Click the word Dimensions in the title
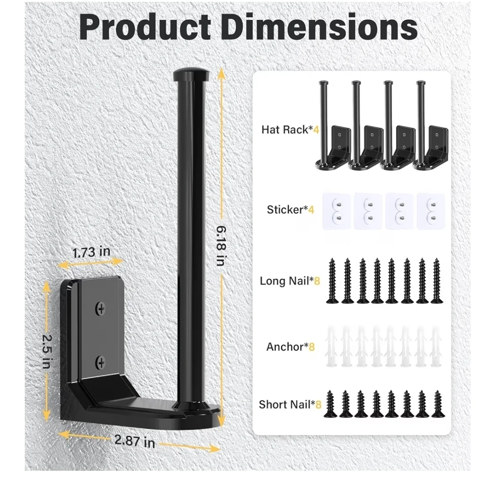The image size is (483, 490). [x=319, y=28]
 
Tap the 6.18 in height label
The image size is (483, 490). [x=221, y=246]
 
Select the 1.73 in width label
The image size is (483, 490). [x=91, y=252]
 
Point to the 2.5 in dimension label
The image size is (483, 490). [x=47, y=352]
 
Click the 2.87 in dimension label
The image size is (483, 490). [x=135, y=441]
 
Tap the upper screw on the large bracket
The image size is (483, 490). [x=100, y=309]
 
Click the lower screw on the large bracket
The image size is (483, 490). [x=100, y=363]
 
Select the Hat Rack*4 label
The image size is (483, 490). [x=290, y=129]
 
